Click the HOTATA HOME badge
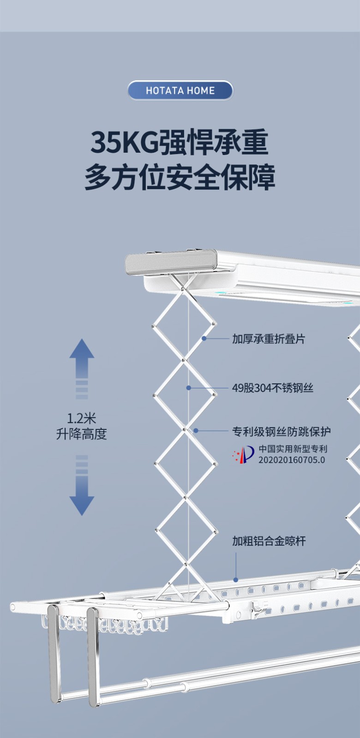pos(180,90)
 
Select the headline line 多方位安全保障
pos(180,178)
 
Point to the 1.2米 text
pos(81,419)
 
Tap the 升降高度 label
pos(81,434)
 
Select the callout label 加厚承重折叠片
pos(268,339)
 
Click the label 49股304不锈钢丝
pos(272,388)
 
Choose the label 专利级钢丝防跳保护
pos(281,432)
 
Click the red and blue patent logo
pos(243,455)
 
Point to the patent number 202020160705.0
pos(291,460)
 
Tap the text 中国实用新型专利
pos(293,448)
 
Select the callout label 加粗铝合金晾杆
pos(269,541)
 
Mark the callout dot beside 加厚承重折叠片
pos(204,339)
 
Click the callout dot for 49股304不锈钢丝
pos(188,388)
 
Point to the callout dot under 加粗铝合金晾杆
pos(236,580)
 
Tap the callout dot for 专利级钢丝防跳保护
pos(196,431)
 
